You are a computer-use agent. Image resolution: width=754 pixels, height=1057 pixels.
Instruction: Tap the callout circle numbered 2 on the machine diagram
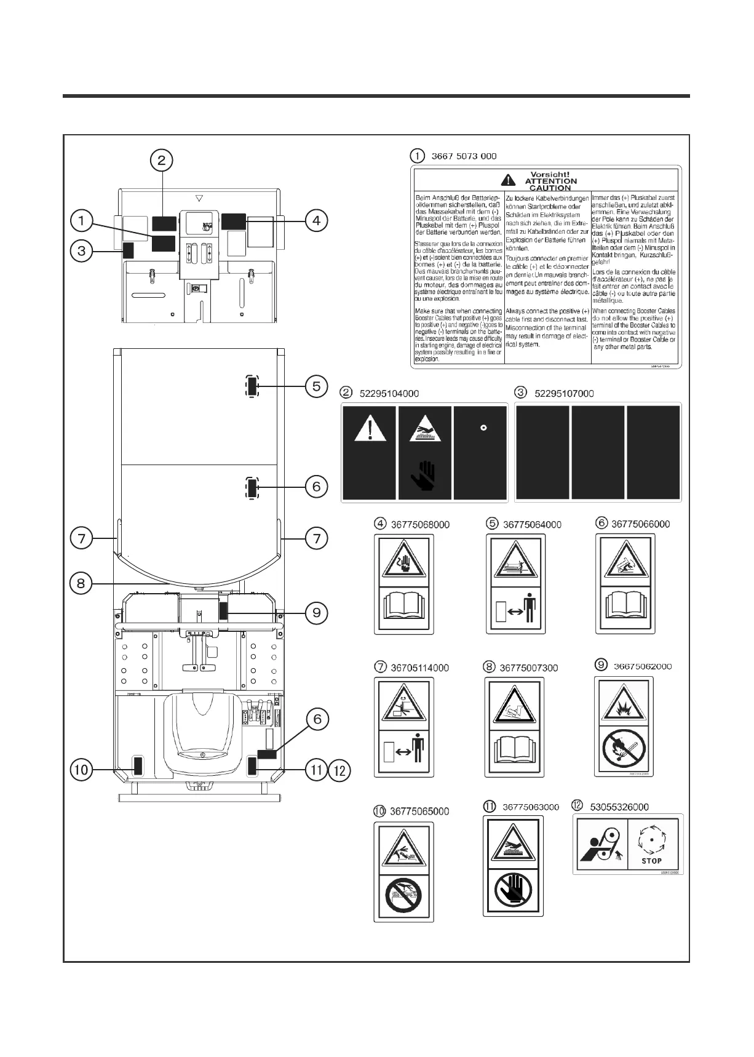162,161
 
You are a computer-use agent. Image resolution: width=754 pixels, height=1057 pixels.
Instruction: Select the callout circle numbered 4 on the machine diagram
316,220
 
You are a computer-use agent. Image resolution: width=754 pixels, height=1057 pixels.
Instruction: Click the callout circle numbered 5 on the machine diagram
316,386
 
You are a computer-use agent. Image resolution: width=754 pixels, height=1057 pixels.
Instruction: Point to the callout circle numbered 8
81,583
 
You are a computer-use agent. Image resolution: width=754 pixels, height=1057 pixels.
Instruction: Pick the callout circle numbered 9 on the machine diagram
316,612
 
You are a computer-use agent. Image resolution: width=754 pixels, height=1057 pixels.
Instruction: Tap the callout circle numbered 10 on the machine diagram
81,769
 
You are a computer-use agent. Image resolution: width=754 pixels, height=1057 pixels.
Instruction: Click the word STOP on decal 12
651,861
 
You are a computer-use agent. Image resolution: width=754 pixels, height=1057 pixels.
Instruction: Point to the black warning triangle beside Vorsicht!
508,180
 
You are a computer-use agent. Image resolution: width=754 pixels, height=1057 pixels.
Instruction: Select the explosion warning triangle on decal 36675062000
622,701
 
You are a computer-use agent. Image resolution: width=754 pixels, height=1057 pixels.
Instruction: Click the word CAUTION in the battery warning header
550,188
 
